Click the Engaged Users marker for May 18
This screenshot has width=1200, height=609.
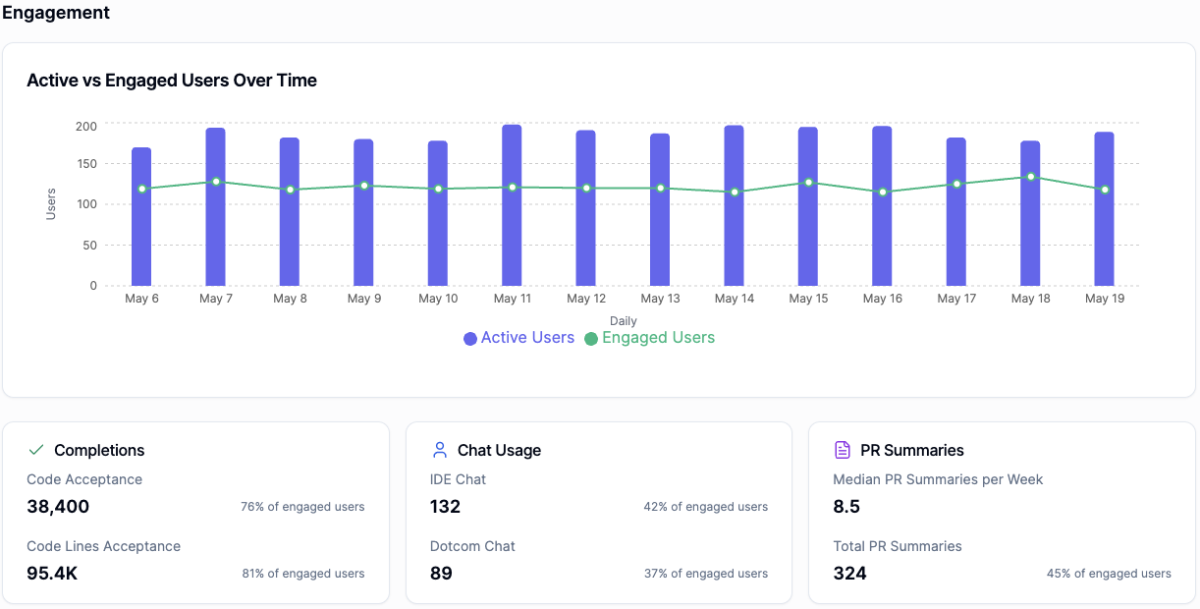[1030, 177]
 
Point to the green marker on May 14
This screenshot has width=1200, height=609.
[735, 192]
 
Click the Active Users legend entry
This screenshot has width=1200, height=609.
[518, 338]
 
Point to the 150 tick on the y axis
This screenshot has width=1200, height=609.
[86, 165]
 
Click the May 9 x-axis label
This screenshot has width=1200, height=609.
[363, 299]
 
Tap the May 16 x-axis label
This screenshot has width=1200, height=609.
[882, 299]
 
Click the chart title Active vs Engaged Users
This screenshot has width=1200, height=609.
[172, 81]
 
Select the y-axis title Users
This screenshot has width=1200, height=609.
[51, 204]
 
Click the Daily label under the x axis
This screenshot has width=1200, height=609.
[623, 321]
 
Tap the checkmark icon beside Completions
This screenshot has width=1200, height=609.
[36, 450]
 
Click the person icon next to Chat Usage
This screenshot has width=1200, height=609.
[440, 450]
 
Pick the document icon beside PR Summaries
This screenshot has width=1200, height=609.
[842, 450]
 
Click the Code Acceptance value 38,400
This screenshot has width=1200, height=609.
[58, 507]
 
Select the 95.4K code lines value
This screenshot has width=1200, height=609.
[52, 574]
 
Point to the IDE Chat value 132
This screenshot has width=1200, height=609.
[445, 507]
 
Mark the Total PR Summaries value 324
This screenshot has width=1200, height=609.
[849, 574]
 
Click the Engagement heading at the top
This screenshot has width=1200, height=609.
[56, 13]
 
